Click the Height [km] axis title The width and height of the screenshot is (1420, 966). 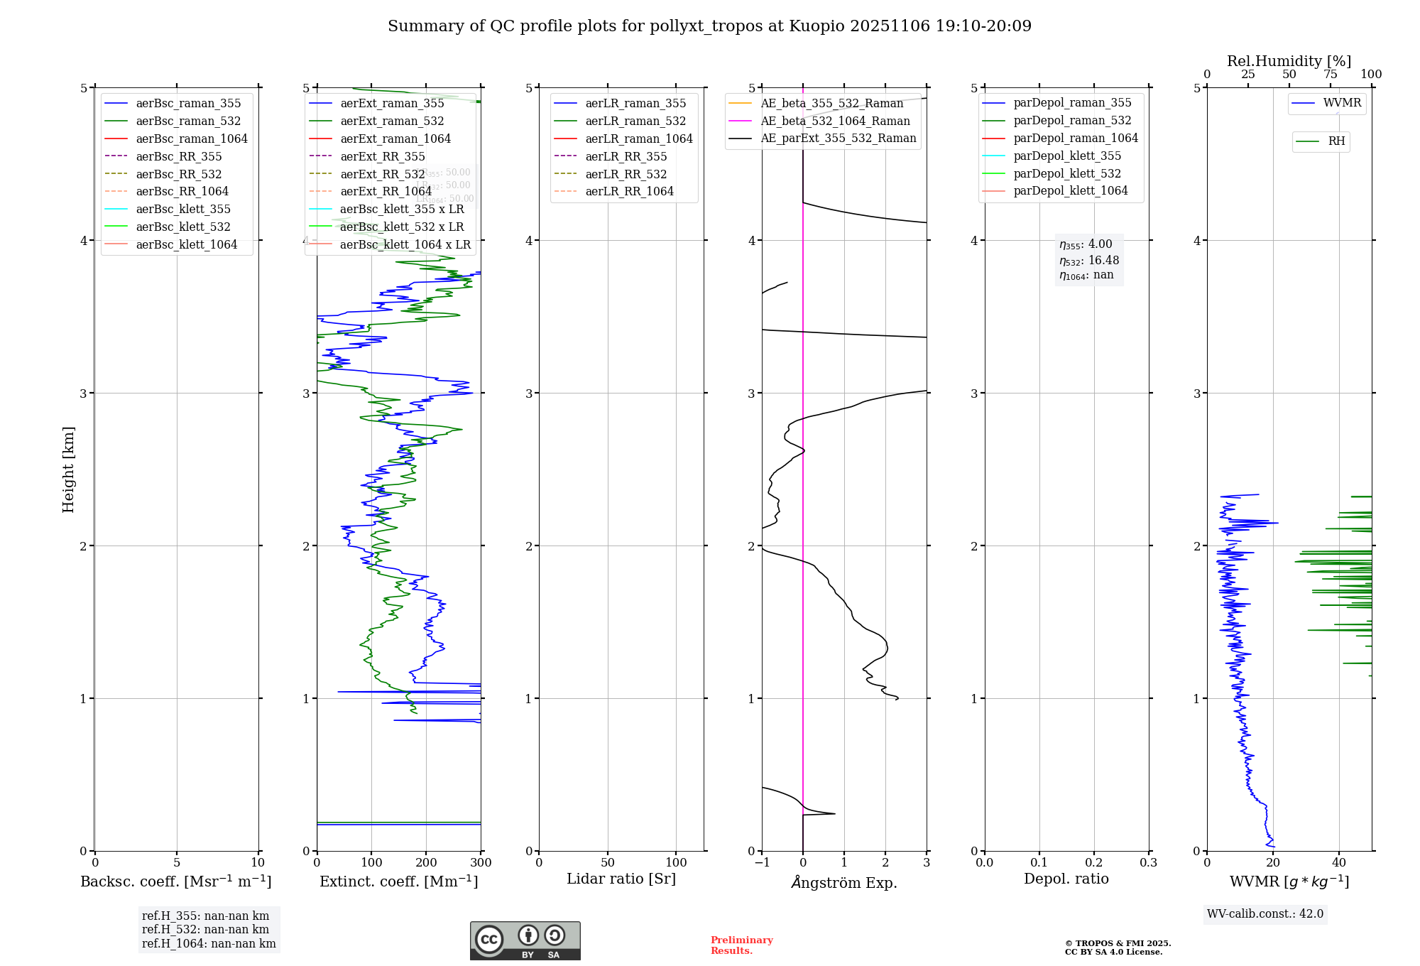68,470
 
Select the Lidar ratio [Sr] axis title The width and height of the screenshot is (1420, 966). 621,879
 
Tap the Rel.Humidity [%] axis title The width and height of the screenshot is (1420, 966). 1289,61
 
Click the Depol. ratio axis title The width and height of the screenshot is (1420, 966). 1066,879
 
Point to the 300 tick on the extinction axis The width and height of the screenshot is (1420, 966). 481,863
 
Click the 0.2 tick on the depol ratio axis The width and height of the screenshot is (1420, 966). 1094,863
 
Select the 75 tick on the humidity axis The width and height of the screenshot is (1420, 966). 1331,75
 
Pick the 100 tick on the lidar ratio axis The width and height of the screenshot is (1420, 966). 676,863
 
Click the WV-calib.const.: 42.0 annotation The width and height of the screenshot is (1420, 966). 1265,914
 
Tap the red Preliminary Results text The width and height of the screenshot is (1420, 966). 741,945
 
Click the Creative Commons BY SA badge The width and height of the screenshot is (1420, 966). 525,941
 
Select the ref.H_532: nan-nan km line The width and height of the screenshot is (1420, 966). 205,930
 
